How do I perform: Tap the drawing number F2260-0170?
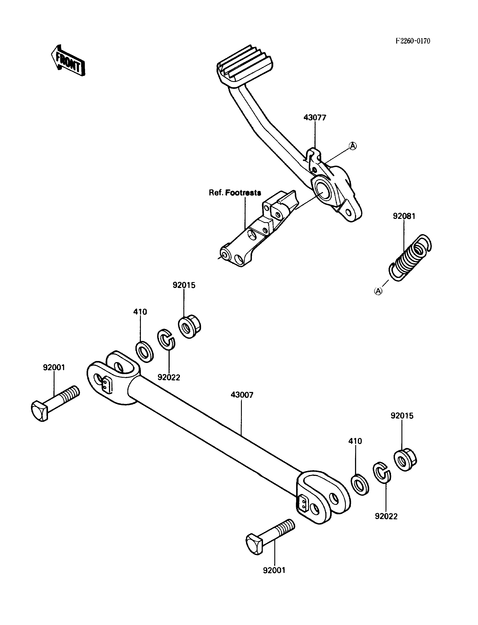click(x=413, y=41)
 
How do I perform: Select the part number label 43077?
click(x=315, y=118)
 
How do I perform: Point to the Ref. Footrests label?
click(x=235, y=193)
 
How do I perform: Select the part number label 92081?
click(x=404, y=216)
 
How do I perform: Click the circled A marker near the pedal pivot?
click(x=353, y=146)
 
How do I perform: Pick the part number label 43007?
click(x=242, y=395)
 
